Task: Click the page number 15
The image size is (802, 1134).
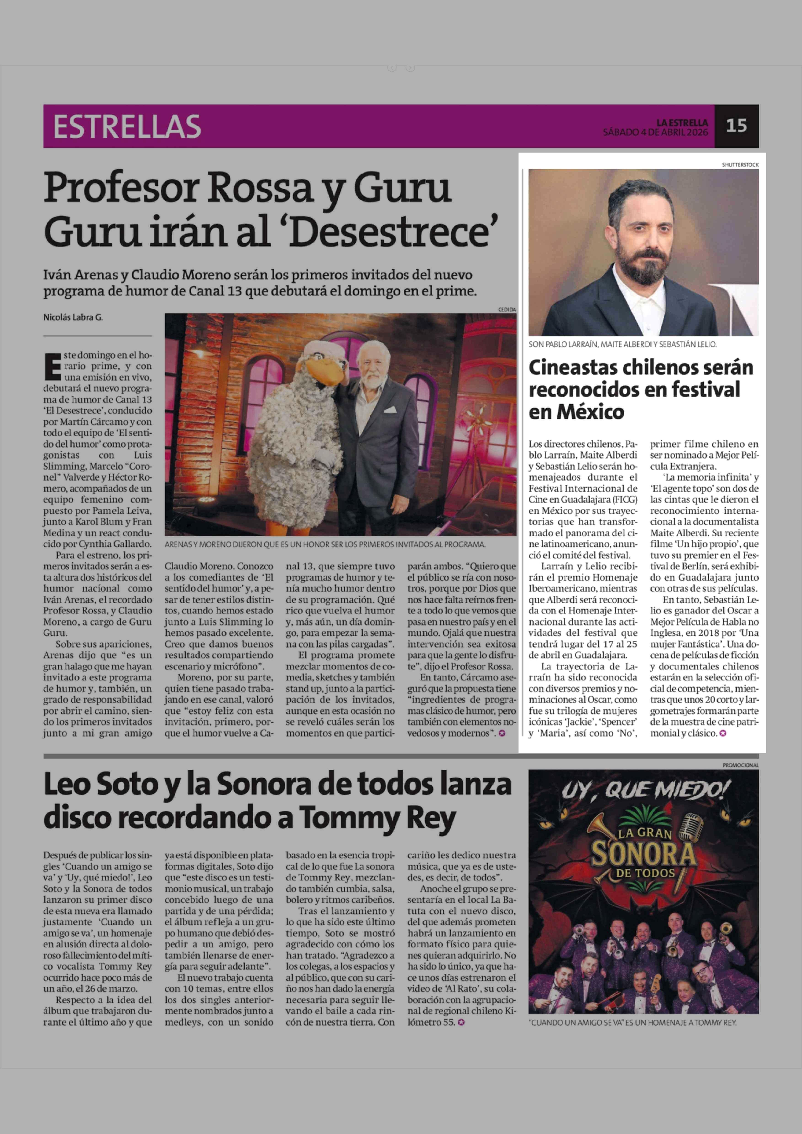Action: tap(736, 126)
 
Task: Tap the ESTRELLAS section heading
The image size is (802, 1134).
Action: tap(127, 126)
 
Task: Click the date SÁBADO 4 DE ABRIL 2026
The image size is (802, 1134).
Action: tap(655, 132)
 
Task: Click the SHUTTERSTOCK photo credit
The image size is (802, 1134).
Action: tap(740, 164)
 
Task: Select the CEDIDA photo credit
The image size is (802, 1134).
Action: tap(507, 309)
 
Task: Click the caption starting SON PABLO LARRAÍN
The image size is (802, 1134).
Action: tap(622, 344)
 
